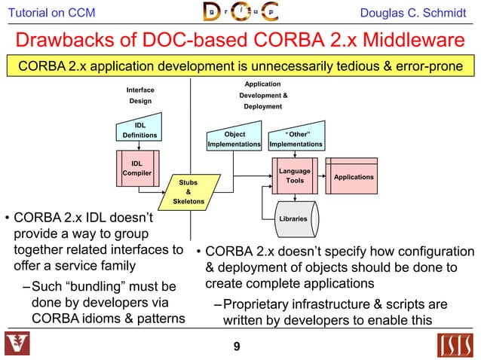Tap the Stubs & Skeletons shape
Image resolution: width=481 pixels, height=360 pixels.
187,192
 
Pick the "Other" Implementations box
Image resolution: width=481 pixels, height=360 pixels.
296,139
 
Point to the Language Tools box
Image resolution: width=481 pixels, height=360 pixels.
295,176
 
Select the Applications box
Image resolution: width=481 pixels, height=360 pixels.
353,177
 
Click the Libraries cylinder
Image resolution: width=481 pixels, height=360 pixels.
293,218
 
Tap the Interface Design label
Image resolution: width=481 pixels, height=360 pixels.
140,95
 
